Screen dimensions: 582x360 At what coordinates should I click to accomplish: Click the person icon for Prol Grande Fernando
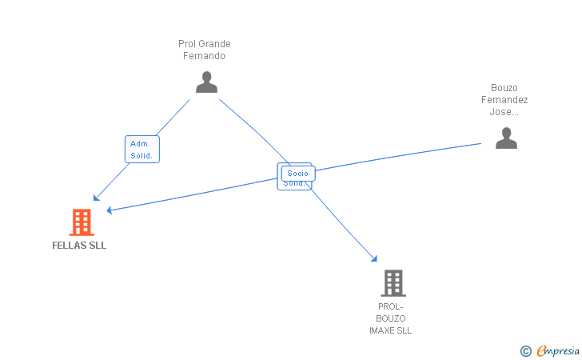[x=206, y=82]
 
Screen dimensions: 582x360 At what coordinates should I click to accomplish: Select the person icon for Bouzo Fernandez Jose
[x=505, y=138]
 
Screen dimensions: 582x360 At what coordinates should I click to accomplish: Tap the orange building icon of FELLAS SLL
[x=81, y=222]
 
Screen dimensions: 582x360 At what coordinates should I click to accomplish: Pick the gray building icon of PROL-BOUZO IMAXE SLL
[x=393, y=282]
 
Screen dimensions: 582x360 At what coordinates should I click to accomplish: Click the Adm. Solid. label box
[x=142, y=150]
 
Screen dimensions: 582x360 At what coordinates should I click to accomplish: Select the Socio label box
[x=297, y=173]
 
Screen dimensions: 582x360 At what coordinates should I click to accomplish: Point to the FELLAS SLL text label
[x=79, y=246]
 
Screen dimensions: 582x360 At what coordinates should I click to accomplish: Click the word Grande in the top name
[x=214, y=44]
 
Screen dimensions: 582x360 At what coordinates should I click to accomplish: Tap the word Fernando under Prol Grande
[x=204, y=56]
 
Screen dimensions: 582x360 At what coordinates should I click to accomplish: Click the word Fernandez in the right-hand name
[x=504, y=100]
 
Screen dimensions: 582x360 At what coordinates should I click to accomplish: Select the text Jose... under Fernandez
[x=504, y=112]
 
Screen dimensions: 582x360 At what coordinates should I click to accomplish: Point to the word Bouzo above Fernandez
[x=504, y=88]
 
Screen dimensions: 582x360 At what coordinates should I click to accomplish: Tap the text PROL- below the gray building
[x=391, y=306]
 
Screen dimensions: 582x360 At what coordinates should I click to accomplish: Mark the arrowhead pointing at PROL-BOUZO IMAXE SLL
[x=373, y=258]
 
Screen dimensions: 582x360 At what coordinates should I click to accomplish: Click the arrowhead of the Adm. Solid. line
[x=96, y=198]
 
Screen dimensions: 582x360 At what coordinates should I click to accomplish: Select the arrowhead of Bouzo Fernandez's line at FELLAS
[x=110, y=210]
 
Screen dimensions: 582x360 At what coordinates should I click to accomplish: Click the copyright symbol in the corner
[x=525, y=350]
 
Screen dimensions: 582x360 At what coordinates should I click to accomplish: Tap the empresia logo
[x=557, y=350]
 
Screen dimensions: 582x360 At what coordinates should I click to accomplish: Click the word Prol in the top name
[x=187, y=44]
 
